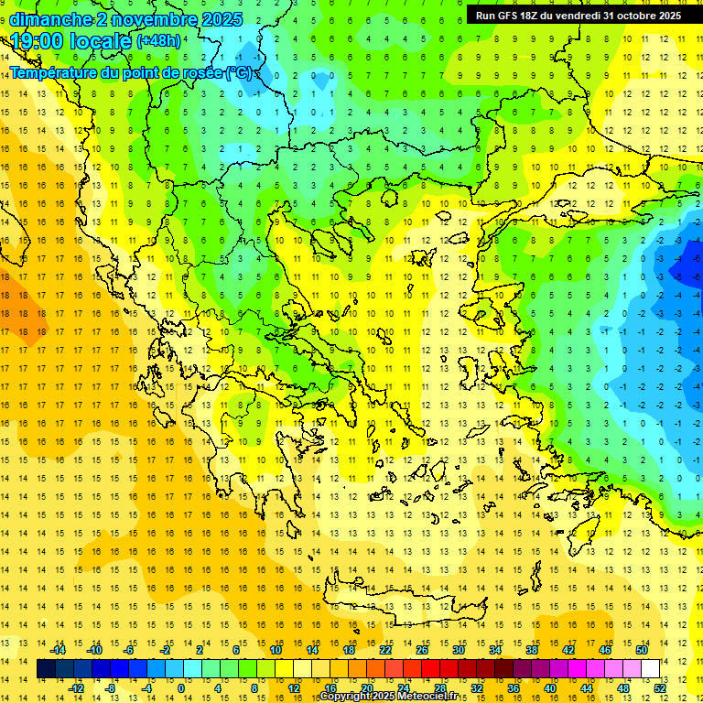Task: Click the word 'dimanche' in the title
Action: click(50, 19)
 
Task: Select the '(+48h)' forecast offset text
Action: click(158, 41)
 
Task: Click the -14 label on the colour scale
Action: click(59, 650)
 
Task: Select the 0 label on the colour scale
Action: click(181, 688)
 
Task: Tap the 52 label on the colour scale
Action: click(660, 688)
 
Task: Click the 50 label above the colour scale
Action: click(642, 650)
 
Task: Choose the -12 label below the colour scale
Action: click(77, 688)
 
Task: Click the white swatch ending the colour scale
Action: click(651, 669)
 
